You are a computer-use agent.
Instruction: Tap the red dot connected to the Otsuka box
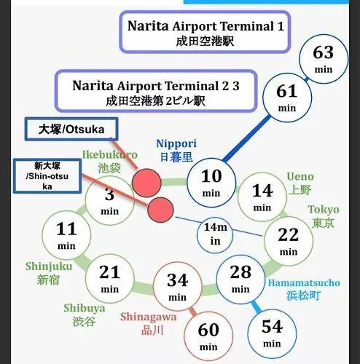(x=146, y=183)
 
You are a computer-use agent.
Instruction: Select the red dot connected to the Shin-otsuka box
(x=161, y=210)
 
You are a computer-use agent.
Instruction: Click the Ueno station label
(x=300, y=183)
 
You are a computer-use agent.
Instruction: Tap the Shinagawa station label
(x=149, y=323)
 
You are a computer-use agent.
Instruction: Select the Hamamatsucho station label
(x=304, y=289)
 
